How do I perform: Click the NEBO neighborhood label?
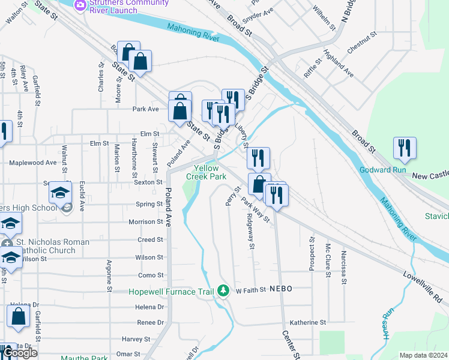[x=280, y=289]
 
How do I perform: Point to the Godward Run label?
[x=383, y=170]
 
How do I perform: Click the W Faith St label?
[x=250, y=290]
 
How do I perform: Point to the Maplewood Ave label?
[x=33, y=163]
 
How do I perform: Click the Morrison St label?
[x=146, y=221]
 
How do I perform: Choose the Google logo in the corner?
[x=20, y=353]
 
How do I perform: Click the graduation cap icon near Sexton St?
[x=60, y=193]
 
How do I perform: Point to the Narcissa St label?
[x=343, y=265]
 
